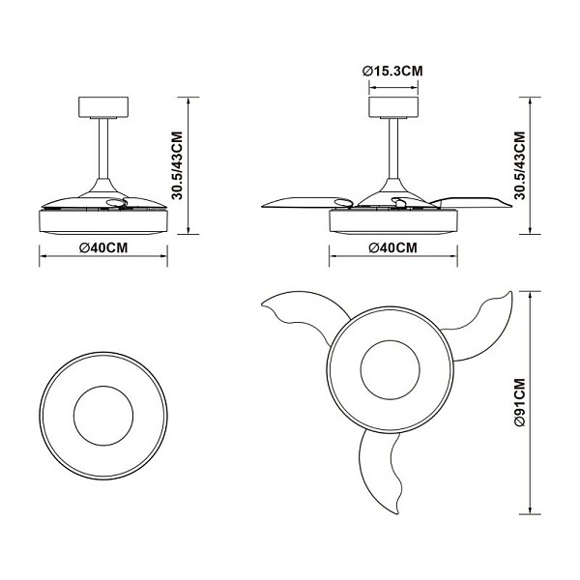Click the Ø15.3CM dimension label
point(392,71)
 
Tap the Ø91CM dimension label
point(520,402)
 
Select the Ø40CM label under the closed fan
point(103,247)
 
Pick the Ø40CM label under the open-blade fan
point(393,247)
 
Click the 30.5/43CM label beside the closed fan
point(178,165)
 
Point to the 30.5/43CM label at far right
point(520,165)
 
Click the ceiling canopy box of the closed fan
point(103,107)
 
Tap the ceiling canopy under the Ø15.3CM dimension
point(393,107)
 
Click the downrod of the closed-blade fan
point(103,149)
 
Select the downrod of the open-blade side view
point(393,149)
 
